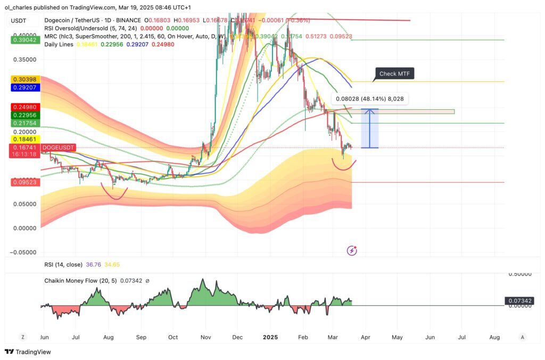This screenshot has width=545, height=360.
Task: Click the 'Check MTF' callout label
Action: (x=394, y=73)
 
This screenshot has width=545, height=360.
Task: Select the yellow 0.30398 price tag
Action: (x=24, y=79)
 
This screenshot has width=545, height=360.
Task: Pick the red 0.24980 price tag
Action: (x=24, y=107)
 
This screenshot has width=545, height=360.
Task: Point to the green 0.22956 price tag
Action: (x=24, y=115)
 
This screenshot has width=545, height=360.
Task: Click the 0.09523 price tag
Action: (x=24, y=182)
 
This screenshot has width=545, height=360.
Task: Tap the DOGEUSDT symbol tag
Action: (x=59, y=147)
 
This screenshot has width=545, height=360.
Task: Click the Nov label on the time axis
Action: (x=206, y=337)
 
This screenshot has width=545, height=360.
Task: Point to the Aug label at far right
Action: (x=494, y=337)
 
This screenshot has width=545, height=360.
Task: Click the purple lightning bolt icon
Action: (x=351, y=250)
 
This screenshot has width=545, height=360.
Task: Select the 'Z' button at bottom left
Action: (x=23, y=337)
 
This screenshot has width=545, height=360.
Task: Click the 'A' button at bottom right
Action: (x=523, y=337)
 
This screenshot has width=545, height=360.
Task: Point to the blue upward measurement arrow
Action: (x=369, y=128)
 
